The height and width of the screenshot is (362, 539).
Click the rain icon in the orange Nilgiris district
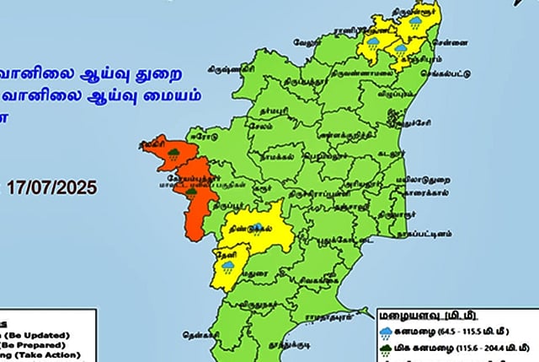click(173, 154)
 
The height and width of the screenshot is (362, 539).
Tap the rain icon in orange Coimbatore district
click(192, 192)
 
